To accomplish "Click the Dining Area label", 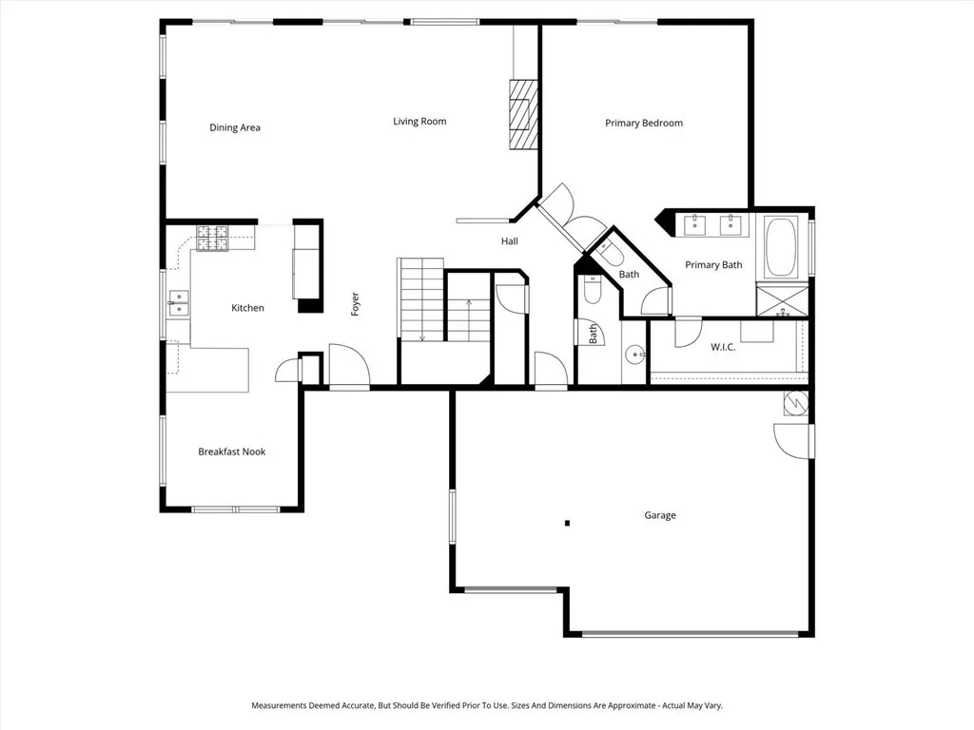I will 235,127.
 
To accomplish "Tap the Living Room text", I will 419,121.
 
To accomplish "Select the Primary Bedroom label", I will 644,123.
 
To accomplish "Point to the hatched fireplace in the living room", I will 523,114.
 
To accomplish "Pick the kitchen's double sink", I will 178,304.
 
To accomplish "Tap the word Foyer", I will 355,304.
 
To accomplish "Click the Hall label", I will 510,241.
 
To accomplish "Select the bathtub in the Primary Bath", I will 783,247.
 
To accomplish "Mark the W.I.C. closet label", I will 723,347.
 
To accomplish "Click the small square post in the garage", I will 567,522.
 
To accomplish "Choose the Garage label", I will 660,515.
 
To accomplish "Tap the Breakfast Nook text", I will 231,451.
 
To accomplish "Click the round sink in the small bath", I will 634,355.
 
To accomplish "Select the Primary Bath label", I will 713,265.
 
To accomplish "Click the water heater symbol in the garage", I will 795,403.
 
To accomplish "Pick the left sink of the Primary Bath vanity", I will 694,224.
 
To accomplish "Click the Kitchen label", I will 247,308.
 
